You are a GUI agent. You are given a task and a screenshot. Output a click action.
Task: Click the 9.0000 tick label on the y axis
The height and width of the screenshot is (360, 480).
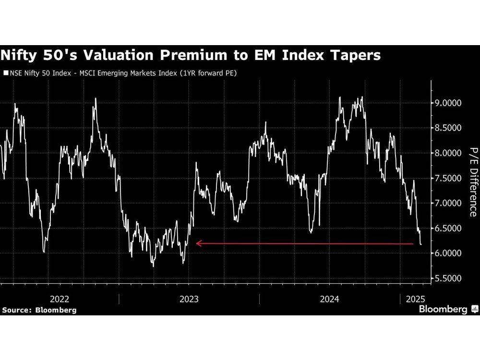[449, 103]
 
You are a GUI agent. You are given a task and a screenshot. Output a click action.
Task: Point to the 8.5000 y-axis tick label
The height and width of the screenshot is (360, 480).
[449, 128]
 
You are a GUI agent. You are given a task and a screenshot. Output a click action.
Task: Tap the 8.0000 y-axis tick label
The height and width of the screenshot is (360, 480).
[449, 153]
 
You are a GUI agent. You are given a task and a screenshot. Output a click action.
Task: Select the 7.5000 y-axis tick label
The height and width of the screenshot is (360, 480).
[449, 178]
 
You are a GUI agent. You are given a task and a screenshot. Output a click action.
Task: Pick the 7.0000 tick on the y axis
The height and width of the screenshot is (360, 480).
[449, 203]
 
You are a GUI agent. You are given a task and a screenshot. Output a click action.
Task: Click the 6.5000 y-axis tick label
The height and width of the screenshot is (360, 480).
[449, 228]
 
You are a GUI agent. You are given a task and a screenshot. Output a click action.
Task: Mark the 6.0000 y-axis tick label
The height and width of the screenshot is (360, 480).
[449, 253]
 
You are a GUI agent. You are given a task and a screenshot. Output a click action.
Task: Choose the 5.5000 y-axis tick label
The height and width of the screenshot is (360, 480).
[449, 278]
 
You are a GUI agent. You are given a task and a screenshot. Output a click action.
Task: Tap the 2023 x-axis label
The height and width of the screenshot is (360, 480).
[190, 299]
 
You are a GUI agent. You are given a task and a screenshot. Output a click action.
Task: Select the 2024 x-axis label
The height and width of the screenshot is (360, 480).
[330, 299]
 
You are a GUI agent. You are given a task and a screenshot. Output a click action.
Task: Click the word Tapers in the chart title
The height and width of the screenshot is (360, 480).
[353, 55]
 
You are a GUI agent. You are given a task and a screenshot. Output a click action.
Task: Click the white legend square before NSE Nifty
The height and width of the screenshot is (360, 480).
[6, 73]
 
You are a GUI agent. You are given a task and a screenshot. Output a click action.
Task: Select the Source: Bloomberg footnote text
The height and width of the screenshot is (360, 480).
[39, 310]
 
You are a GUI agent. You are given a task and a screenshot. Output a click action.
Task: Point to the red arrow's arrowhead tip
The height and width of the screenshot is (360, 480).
[196, 243]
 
